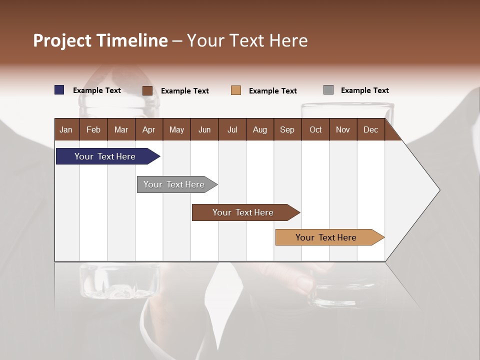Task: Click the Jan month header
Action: pos(66,129)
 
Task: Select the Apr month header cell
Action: pos(148,129)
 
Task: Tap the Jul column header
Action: pos(232,129)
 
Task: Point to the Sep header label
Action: pos(287,129)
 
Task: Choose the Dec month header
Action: pos(370,129)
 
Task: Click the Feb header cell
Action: pos(93,129)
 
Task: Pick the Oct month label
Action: pos(315,129)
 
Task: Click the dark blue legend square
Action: pos(59,90)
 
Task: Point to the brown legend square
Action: pos(147,90)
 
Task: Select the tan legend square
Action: pos(236,90)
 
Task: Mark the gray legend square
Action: pos(328,90)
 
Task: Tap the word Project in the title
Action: pos(62,40)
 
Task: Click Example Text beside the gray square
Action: pos(364,90)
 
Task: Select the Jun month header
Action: pos(204,129)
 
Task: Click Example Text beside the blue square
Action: pos(97,90)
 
